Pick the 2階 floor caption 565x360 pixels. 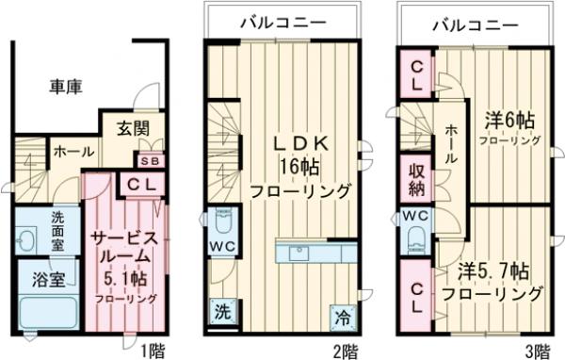pos(344,351)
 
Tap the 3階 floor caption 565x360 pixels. pos(537,351)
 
